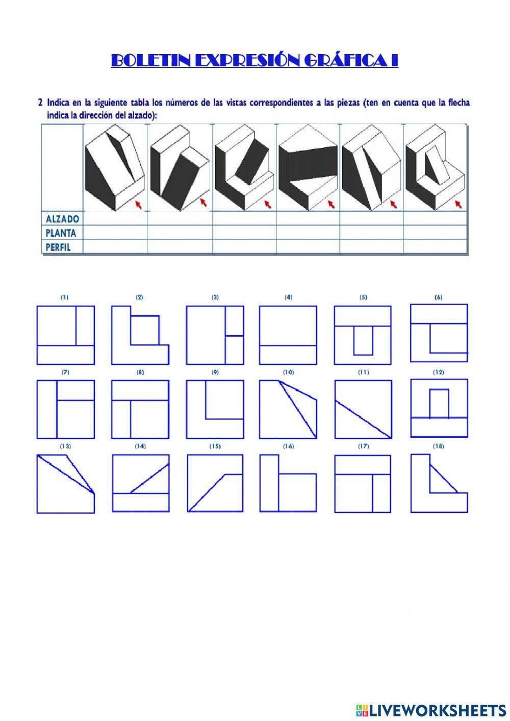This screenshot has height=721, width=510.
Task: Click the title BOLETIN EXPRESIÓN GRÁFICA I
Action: coord(254,60)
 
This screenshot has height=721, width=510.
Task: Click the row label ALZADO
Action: coord(62,219)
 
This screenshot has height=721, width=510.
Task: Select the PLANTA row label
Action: coord(61,233)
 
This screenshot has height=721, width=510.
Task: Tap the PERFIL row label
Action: coord(57,247)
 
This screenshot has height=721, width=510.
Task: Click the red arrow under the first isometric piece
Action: coord(138,205)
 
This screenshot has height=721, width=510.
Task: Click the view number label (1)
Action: coord(64,297)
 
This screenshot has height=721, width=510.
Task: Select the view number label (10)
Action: coord(288,372)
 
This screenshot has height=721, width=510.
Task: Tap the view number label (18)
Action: coord(438,446)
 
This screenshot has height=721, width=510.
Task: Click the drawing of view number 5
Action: coord(363,335)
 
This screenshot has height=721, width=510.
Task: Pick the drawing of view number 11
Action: coord(363,409)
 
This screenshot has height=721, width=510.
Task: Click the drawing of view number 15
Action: coord(215,483)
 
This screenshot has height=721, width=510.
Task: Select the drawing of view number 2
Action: coord(140,335)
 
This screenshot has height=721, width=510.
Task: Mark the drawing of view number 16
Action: coord(288,483)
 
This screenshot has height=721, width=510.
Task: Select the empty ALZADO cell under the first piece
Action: coord(115,219)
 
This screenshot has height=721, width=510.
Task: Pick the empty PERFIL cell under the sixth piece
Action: coord(435,247)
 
